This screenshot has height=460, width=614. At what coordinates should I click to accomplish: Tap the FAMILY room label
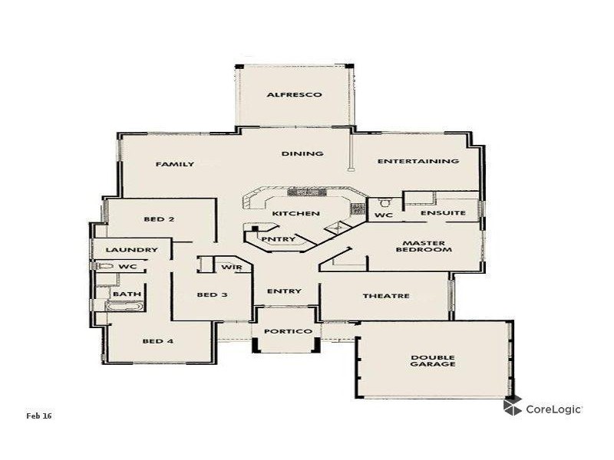coord(175,164)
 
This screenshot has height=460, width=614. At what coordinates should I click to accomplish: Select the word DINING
coord(302,153)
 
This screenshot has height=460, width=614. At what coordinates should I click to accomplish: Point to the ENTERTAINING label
coord(418,161)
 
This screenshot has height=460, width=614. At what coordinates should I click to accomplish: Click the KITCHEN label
coord(295,213)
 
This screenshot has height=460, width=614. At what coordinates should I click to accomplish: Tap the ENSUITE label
coord(444,213)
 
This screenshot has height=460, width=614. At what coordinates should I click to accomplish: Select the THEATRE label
coord(386,296)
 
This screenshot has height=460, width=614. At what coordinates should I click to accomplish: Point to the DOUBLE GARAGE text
coord(433,360)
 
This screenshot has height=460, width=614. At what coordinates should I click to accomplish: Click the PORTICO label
coord(287,331)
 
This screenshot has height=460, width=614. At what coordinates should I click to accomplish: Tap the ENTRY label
coord(284,291)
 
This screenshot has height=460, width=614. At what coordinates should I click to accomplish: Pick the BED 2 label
coord(159,219)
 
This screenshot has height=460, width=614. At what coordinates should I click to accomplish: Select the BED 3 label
coord(212,295)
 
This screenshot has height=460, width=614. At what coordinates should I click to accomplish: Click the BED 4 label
coord(158,341)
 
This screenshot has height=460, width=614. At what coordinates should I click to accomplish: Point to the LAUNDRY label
coord(132,250)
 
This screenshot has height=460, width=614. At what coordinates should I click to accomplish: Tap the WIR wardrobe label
coord(232,267)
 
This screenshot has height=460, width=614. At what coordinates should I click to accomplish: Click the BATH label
coord(127,294)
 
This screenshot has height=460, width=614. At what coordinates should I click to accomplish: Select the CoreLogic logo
coord(543,408)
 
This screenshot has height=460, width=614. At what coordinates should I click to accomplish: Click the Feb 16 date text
coord(38,416)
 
